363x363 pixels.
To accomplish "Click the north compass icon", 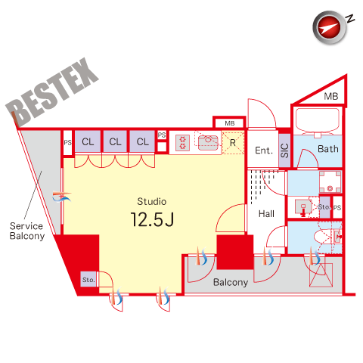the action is (330, 28).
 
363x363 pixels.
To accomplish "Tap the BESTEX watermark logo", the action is (52, 92).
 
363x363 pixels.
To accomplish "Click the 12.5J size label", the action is (152, 219).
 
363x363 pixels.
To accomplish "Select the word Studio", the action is (152, 201).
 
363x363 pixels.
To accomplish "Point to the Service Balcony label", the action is (26, 231).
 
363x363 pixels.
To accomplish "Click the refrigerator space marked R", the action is (233, 143).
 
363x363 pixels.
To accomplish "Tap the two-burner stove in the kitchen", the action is (182, 143).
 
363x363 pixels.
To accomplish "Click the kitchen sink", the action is (208, 143).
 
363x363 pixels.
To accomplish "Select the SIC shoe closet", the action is (284, 150).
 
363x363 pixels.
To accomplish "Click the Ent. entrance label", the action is (264, 150).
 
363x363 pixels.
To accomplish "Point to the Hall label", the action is (266, 214).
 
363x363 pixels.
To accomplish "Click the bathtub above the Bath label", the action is (318, 121).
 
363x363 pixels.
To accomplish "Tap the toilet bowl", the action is (323, 237).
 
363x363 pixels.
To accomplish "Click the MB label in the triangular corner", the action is (331, 96).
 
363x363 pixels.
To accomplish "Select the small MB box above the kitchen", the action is (229, 123).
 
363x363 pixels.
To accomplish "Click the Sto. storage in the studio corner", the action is (88, 279).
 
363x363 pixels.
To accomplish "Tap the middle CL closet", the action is (115, 141).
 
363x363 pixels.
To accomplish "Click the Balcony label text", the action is (231, 282).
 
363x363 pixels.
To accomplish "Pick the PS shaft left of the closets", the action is (67, 143).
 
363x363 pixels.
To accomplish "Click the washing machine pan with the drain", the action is (330, 181).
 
